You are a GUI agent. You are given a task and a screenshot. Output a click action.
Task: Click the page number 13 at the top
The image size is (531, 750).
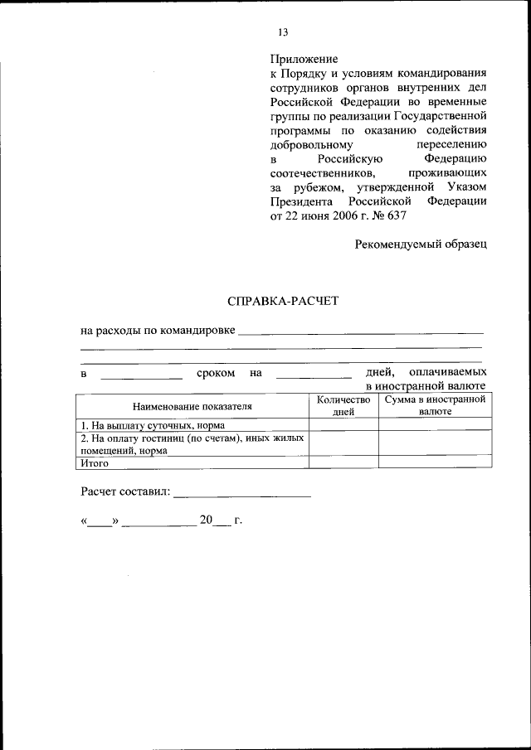(282, 32)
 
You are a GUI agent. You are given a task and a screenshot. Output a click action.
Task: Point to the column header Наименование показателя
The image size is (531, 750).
(192, 406)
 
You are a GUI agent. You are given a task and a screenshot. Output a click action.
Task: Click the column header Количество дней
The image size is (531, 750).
(343, 405)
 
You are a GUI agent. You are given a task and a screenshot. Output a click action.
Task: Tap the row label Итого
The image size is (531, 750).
(95, 463)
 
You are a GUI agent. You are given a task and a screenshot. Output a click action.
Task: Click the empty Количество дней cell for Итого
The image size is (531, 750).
(343, 463)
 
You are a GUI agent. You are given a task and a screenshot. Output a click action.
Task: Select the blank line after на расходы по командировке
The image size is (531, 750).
(360, 331)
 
